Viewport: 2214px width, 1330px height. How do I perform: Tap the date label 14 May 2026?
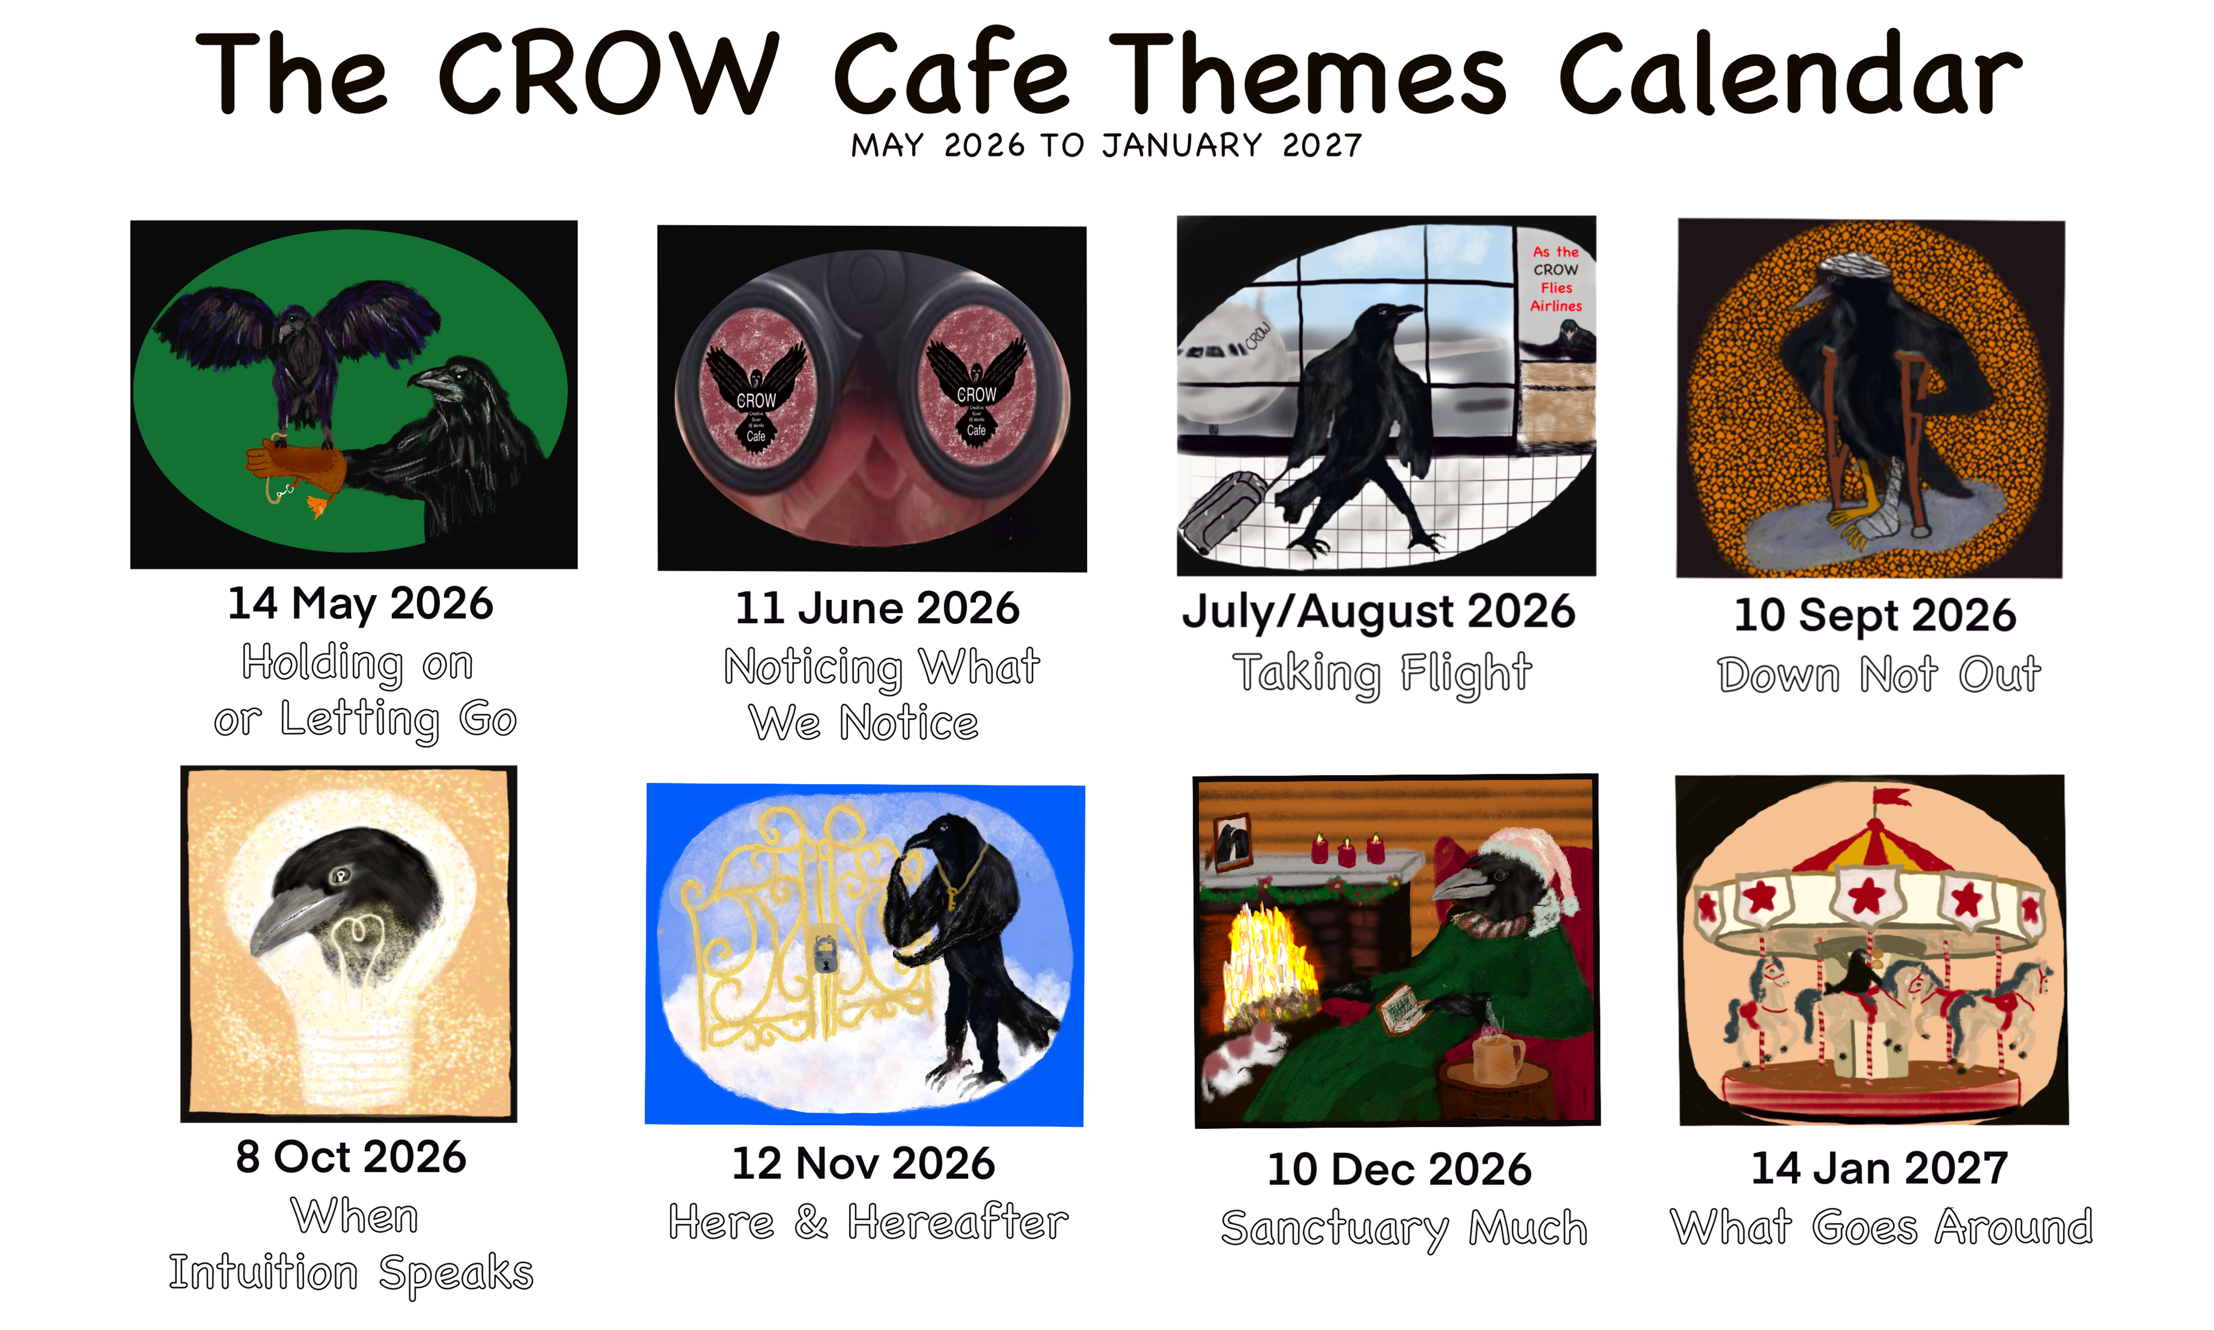pos(360,603)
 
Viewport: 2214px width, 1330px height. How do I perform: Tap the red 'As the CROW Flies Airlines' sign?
pos(1556,279)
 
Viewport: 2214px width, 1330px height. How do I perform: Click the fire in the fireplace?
pos(1264,964)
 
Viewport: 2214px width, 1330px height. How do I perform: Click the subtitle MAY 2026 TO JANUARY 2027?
pos(1106,145)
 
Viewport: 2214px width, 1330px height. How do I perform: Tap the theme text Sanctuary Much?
pos(1403,1227)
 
